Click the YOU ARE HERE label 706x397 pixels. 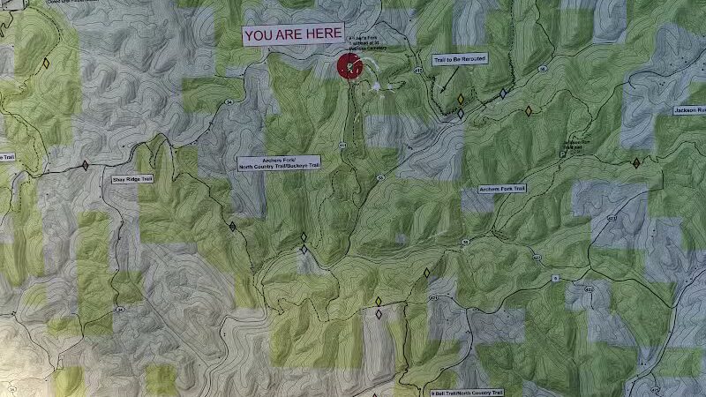293,35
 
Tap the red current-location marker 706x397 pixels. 349,66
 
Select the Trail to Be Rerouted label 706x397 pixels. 460,60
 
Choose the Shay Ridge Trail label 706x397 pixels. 132,179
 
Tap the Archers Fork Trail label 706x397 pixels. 502,189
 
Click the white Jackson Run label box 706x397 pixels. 688,110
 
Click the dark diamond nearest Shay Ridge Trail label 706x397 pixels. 86,165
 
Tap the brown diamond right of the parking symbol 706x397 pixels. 635,163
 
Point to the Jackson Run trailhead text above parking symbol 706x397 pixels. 574,143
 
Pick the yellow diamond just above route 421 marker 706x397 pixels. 426,273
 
